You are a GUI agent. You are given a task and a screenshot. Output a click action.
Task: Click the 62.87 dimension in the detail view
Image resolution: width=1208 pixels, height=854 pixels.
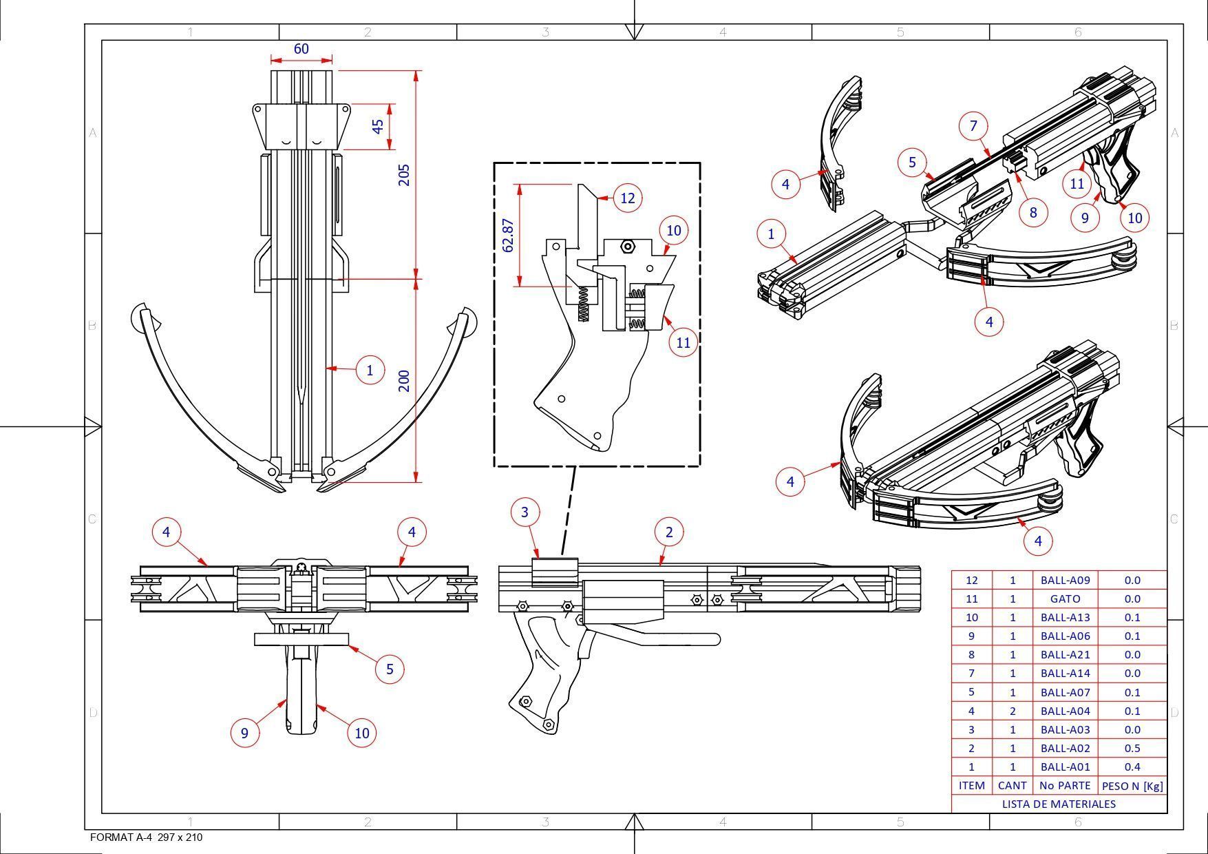tap(508, 236)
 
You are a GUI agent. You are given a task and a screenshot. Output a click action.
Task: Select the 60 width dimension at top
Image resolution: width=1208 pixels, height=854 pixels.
tap(301, 49)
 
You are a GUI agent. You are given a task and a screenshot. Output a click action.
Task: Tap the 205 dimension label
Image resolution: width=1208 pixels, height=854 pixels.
tap(404, 174)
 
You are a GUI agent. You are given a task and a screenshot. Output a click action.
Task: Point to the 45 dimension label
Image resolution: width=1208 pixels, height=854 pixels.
tap(378, 127)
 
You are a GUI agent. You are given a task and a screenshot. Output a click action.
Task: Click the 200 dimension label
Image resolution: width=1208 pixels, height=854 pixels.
tap(404, 381)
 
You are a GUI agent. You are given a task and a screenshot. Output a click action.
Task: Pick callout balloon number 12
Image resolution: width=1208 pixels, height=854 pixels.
tap(627, 198)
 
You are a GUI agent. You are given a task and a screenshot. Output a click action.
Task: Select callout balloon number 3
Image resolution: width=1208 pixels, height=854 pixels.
tap(525, 512)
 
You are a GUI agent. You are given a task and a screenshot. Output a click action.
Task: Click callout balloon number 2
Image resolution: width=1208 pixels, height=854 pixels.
tap(668, 532)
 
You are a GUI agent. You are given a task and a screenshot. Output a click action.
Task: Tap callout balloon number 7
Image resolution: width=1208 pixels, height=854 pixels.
tap(973, 126)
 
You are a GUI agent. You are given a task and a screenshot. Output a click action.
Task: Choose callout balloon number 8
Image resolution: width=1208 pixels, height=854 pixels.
tap(1032, 212)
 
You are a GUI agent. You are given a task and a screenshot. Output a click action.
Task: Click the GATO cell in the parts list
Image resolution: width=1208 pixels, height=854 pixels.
tap(1065, 599)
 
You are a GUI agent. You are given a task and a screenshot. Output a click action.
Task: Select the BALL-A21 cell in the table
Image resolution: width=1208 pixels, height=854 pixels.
tap(1065, 655)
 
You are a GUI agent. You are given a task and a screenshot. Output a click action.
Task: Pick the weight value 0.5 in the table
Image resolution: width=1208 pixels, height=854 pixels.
tap(1132, 748)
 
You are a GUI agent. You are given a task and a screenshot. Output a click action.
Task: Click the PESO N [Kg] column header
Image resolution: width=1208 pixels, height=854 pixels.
tap(1132, 786)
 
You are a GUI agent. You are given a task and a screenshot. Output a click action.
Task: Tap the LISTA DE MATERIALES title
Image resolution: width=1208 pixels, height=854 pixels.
tap(1059, 804)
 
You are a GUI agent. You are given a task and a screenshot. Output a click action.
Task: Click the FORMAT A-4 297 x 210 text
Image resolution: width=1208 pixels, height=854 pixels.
tap(147, 837)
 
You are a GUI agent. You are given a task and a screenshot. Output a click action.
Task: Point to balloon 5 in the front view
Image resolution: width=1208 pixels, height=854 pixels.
tap(390, 669)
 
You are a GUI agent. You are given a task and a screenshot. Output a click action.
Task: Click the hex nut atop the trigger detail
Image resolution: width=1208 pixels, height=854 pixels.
tap(627, 246)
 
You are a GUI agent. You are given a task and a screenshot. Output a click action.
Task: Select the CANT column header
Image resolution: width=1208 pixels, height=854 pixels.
tap(1012, 786)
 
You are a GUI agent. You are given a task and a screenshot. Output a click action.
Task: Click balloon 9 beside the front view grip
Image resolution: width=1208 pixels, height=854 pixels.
tap(244, 733)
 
